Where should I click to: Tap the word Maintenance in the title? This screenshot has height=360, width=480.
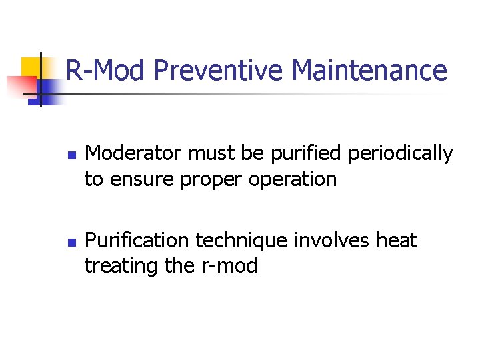[369, 70]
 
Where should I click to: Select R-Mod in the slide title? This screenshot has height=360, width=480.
[105, 70]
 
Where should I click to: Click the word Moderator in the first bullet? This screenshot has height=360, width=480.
[134, 154]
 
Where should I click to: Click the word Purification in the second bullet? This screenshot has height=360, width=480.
[138, 240]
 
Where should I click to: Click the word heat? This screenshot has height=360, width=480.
[398, 240]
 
